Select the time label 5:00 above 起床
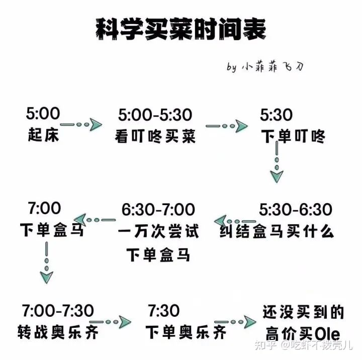click(x=43, y=114)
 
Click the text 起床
click(x=43, y=135)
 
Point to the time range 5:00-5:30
click(x=155, y=115)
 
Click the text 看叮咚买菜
click(x=155, y=137)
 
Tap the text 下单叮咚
click(x=294, y=137)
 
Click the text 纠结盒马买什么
click(x=277, y=231)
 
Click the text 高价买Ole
click(x=303, y=333)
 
